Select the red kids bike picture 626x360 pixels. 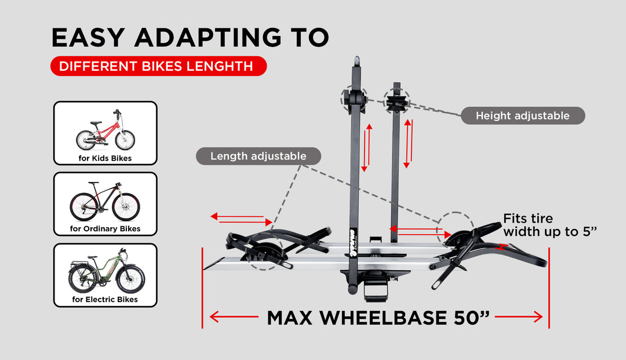tap(105, 130)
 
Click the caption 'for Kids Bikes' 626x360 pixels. tap(105, 158)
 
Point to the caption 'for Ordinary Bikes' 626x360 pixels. tap(105, 228)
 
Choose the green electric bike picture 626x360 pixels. tap(105, 272)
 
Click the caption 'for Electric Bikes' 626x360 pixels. tap(105, 300)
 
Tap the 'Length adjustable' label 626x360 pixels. tap(258, 156)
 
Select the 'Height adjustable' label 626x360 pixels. tap(522, 115)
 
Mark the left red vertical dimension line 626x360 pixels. tap(202, 288)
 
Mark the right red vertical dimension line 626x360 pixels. tap(548, 288)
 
